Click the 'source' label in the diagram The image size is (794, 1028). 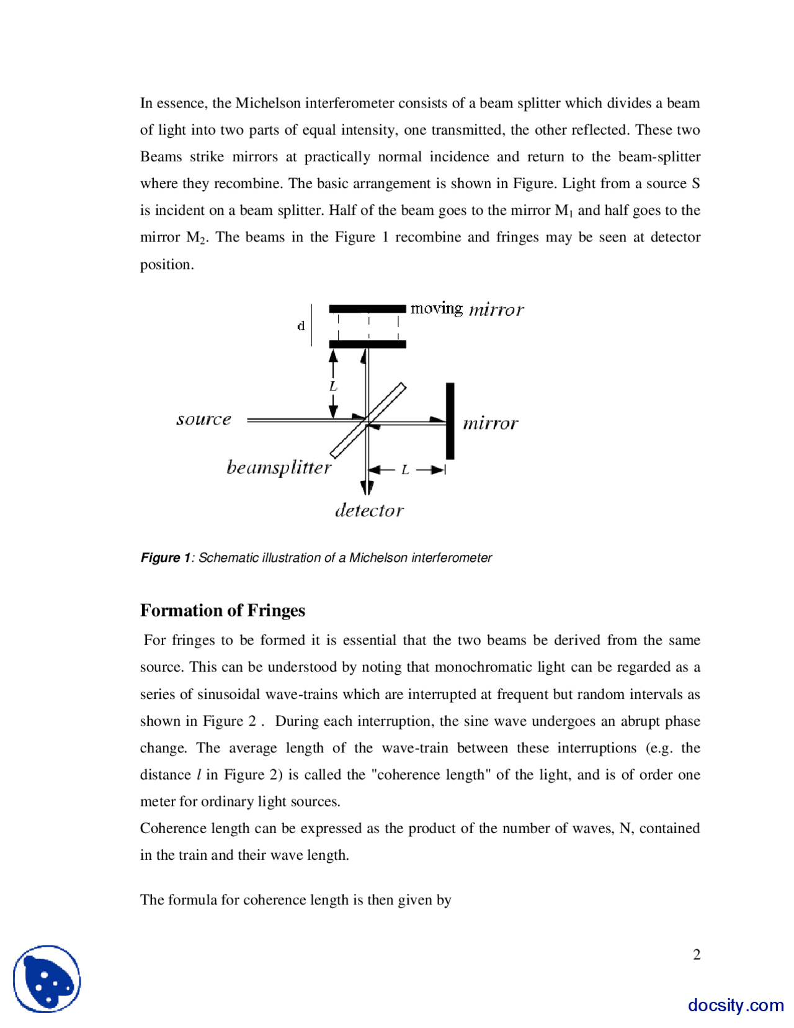click(x=203, y=420)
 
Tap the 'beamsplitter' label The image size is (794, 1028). click(x=279, y=467)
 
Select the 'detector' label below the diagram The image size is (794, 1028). click(x=369, y=511)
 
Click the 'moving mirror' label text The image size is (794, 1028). click(x=466, y=309)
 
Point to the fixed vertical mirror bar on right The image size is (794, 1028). click(x=450, y=421)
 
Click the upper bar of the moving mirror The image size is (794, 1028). click(x=367, y=309)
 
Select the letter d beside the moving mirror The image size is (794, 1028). click(x=301, y=326)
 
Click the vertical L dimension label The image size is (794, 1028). click(x=333, y=386)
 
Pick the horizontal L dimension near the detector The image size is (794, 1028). click(x=405, y=470)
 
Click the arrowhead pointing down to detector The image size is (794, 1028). click(x=367, y=487)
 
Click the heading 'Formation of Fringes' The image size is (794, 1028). click(x=222, y=610)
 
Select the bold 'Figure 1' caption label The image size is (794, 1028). click(x=165, y=557)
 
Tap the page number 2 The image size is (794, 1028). click(x=697, y=954)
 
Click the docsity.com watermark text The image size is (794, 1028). click(x=735, y=1004)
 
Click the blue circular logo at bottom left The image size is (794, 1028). click(x=47, y=979)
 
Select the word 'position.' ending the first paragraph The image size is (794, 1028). click(x=167, y=264)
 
